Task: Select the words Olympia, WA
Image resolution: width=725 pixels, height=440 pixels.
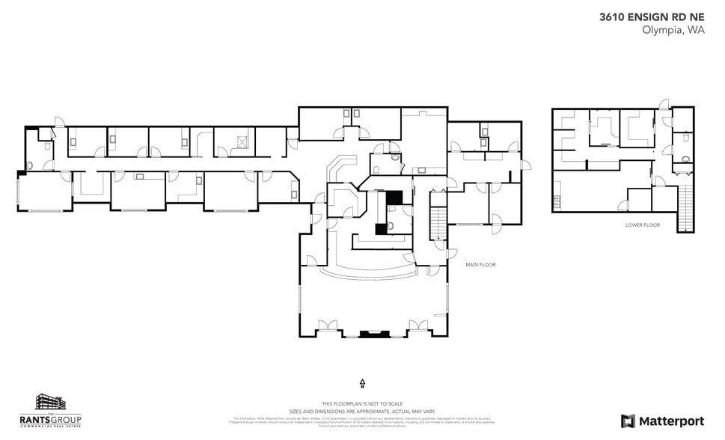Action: point(673,31)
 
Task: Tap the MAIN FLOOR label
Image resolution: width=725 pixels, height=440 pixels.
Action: point(480,265)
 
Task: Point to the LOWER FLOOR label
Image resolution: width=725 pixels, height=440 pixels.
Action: point(642,224)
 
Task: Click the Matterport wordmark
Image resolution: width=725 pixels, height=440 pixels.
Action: point(661,421)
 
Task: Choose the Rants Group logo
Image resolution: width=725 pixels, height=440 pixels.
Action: point(60,411)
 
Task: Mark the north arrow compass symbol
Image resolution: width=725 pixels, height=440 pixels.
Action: point(362,384)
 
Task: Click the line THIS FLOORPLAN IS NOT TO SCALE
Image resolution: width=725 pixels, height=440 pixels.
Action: point(362,404)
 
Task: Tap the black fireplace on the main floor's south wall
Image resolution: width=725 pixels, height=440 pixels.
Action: point(370,334)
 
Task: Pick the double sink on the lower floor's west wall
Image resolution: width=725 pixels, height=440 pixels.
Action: point(556,201)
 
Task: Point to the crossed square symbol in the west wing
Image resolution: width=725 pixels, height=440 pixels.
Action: point(242,141)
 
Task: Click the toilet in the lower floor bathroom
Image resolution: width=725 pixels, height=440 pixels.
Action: point(685,159)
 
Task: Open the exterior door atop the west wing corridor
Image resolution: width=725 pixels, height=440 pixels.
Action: point(58,122)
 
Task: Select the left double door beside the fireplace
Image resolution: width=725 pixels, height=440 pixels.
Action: point(327,326)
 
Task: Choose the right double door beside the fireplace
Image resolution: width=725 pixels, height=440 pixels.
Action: point(417,326)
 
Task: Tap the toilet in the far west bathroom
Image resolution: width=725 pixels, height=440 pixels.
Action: point(29,165)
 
